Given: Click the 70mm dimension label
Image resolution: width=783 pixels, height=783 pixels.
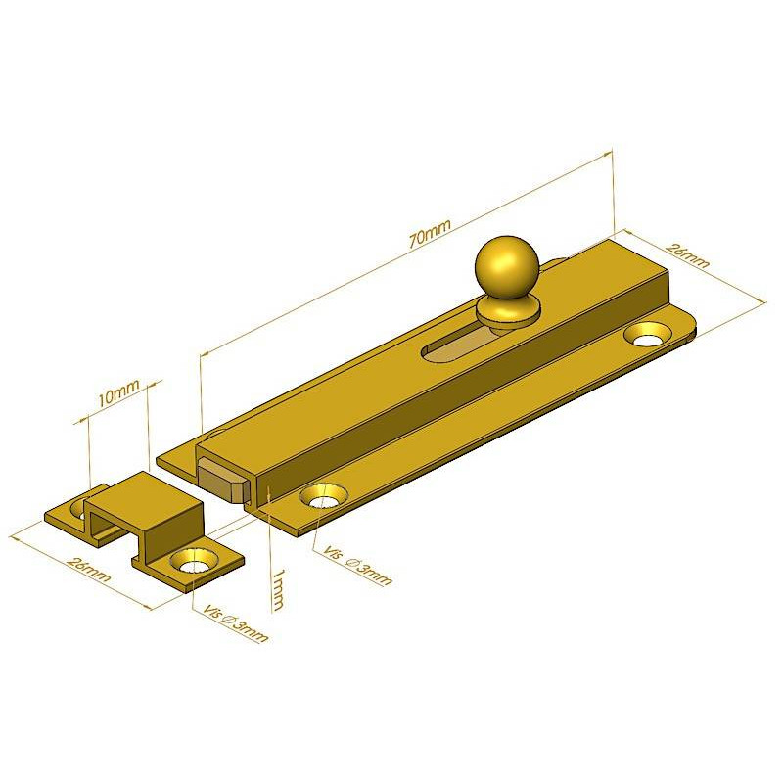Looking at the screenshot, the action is click(x=430, y=233).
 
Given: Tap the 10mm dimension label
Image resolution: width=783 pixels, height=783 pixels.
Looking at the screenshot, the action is click(x=117, y=392).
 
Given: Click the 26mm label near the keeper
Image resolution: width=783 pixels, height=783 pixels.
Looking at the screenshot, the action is click(x=88, y=569).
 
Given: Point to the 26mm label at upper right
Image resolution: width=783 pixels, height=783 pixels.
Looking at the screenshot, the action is click(x=689, y=255).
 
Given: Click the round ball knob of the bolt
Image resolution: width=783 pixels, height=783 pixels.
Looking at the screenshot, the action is click(x=507, y=268).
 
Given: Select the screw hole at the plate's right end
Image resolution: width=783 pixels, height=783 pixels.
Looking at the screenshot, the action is click(x=649, y=335).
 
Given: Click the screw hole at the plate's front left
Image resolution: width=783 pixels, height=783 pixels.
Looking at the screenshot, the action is click(x=324, y=496).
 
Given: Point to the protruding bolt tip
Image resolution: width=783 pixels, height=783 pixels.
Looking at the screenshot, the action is click(x=222, y=480).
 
